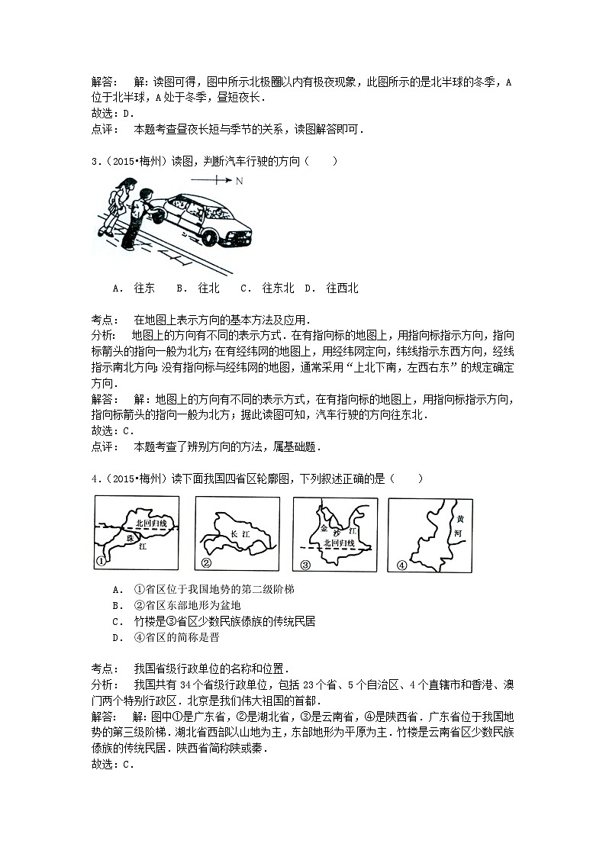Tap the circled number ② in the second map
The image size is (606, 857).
click(205, 563)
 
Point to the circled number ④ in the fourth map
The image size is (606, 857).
click(401, 565)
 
